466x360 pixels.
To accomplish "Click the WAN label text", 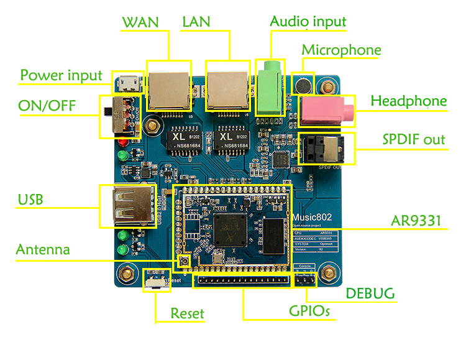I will tap(140, 22).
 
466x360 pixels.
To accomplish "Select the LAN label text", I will tap(196, 22).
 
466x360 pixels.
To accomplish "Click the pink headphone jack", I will tap(326, 111).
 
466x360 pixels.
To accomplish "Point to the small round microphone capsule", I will tap(303, 84).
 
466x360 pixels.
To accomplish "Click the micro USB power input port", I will tap(128, 82).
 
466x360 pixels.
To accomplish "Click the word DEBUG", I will tap(370, 293).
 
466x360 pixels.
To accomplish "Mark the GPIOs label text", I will tap(309, 310).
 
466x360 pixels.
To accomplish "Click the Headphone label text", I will tap(408, 101).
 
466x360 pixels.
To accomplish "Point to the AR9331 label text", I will tap(419, 220).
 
